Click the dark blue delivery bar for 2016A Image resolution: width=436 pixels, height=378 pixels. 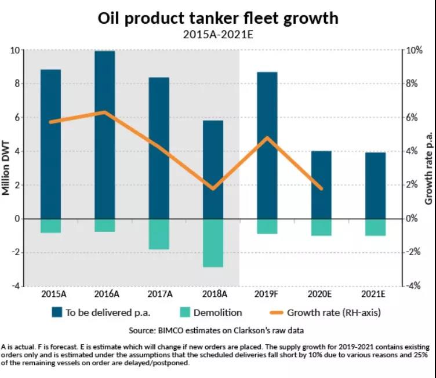105,135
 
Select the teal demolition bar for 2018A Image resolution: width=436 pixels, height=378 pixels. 213,243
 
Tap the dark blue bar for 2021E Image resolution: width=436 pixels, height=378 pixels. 375,186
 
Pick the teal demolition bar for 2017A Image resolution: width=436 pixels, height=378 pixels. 159,234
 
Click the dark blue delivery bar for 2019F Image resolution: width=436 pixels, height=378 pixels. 267,146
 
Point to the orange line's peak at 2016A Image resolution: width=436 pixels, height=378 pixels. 105,112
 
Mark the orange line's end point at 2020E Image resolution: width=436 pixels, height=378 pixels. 321,188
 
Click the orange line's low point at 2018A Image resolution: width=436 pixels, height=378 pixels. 213,188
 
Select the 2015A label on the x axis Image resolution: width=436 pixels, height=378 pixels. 54,294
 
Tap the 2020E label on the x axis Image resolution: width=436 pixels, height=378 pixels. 319,294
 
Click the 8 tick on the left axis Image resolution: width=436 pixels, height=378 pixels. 17,83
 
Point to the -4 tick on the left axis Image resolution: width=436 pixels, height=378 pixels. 16,286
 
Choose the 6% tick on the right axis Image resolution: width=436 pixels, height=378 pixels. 412,118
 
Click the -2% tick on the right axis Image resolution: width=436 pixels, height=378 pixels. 413,252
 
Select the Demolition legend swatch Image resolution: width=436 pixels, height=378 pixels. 185,312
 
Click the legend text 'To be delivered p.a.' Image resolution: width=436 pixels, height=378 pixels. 108,312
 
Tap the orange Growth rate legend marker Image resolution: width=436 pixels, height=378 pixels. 277,312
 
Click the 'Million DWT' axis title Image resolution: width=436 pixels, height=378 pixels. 6,168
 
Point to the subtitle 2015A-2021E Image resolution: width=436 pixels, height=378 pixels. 218,34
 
